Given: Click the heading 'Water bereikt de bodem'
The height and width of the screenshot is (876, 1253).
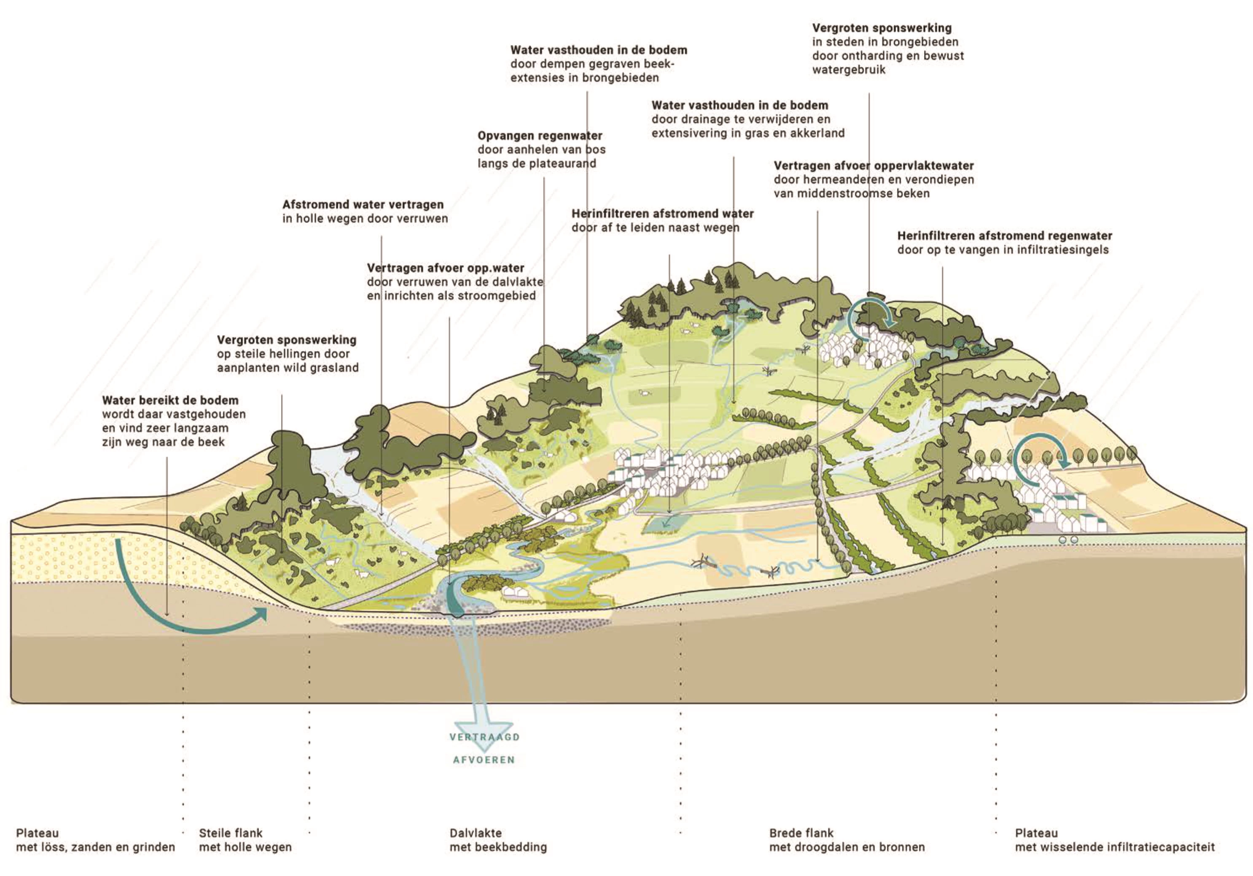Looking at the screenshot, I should (x=170, y=400).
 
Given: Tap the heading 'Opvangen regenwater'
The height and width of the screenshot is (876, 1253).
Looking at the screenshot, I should (x=540, y=135).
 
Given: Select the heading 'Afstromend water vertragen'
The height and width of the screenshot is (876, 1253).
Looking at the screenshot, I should (x=363, y=205).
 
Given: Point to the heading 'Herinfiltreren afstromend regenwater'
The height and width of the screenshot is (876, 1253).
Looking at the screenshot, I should (x=1004, y=236).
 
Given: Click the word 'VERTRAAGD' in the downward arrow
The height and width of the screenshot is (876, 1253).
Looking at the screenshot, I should (x=484, y=737).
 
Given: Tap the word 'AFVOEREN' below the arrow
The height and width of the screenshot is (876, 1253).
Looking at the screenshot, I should (x=484, y=760).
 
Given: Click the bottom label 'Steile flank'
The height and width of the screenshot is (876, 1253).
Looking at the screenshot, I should (x=230, y=833).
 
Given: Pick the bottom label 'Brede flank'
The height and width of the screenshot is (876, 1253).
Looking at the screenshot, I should (x=801, y=833).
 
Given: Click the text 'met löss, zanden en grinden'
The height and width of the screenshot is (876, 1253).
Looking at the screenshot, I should (x=96, y=847).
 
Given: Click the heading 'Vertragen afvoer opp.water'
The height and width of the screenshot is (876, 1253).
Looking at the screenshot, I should (x=445, y=268).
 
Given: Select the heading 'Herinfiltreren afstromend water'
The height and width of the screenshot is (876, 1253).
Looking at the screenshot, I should (x=662, y=213).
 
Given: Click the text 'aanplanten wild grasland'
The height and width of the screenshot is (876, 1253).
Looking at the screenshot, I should (x=288, y=368).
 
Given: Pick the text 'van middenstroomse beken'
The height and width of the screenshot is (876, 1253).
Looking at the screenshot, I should (x=851, y=193).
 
